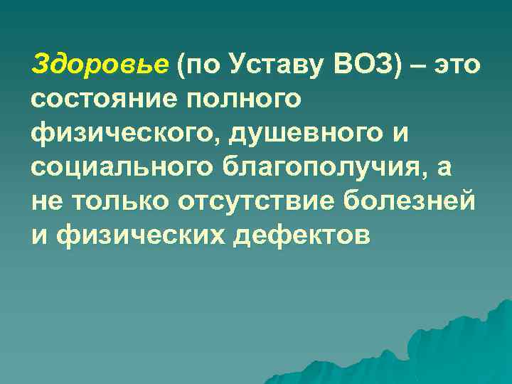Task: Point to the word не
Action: coord(46,199)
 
